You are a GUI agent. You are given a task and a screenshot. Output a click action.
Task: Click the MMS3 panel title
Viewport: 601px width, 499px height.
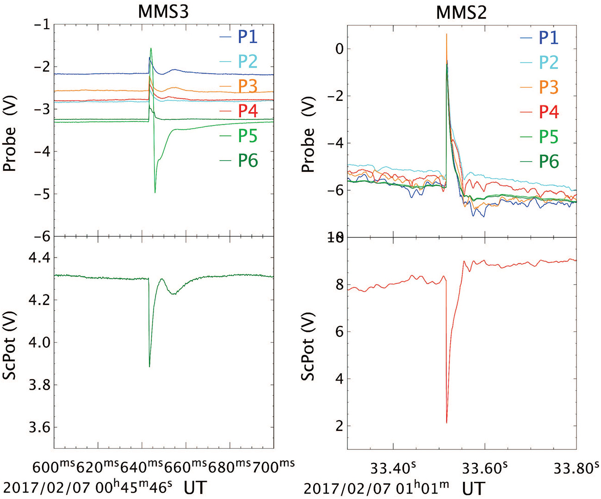pyautogui.click(x=163, y=12)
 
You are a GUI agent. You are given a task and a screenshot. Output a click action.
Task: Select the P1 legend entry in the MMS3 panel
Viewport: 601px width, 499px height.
pyautogui.click(x=248, y=37)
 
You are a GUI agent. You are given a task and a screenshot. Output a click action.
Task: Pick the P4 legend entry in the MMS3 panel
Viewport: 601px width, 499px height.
pyautogui.click(x=248, y=111)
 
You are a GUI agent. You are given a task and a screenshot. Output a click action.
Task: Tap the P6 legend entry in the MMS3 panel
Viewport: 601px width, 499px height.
pyautogui.click(x=248, y=161)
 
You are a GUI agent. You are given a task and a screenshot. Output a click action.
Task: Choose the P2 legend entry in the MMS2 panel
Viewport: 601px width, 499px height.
pyautogui.click(x=548, y=62)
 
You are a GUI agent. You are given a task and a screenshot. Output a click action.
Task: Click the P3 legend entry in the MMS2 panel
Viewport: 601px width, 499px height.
pyautogui.click(x=548, y=87)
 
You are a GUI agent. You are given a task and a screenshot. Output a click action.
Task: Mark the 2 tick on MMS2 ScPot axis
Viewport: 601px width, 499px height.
pyautogui.click(x=340, y=426)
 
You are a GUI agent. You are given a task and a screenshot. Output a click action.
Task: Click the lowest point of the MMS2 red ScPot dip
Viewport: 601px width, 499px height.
pyautogui.click(x=446, y=423)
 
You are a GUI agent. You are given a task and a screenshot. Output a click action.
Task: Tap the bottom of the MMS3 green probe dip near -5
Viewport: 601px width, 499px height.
pyautogui.click(x=155, y=193)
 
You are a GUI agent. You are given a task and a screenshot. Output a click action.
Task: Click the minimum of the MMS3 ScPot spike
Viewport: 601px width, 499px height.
pyautogui.click(x=149, y=367)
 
